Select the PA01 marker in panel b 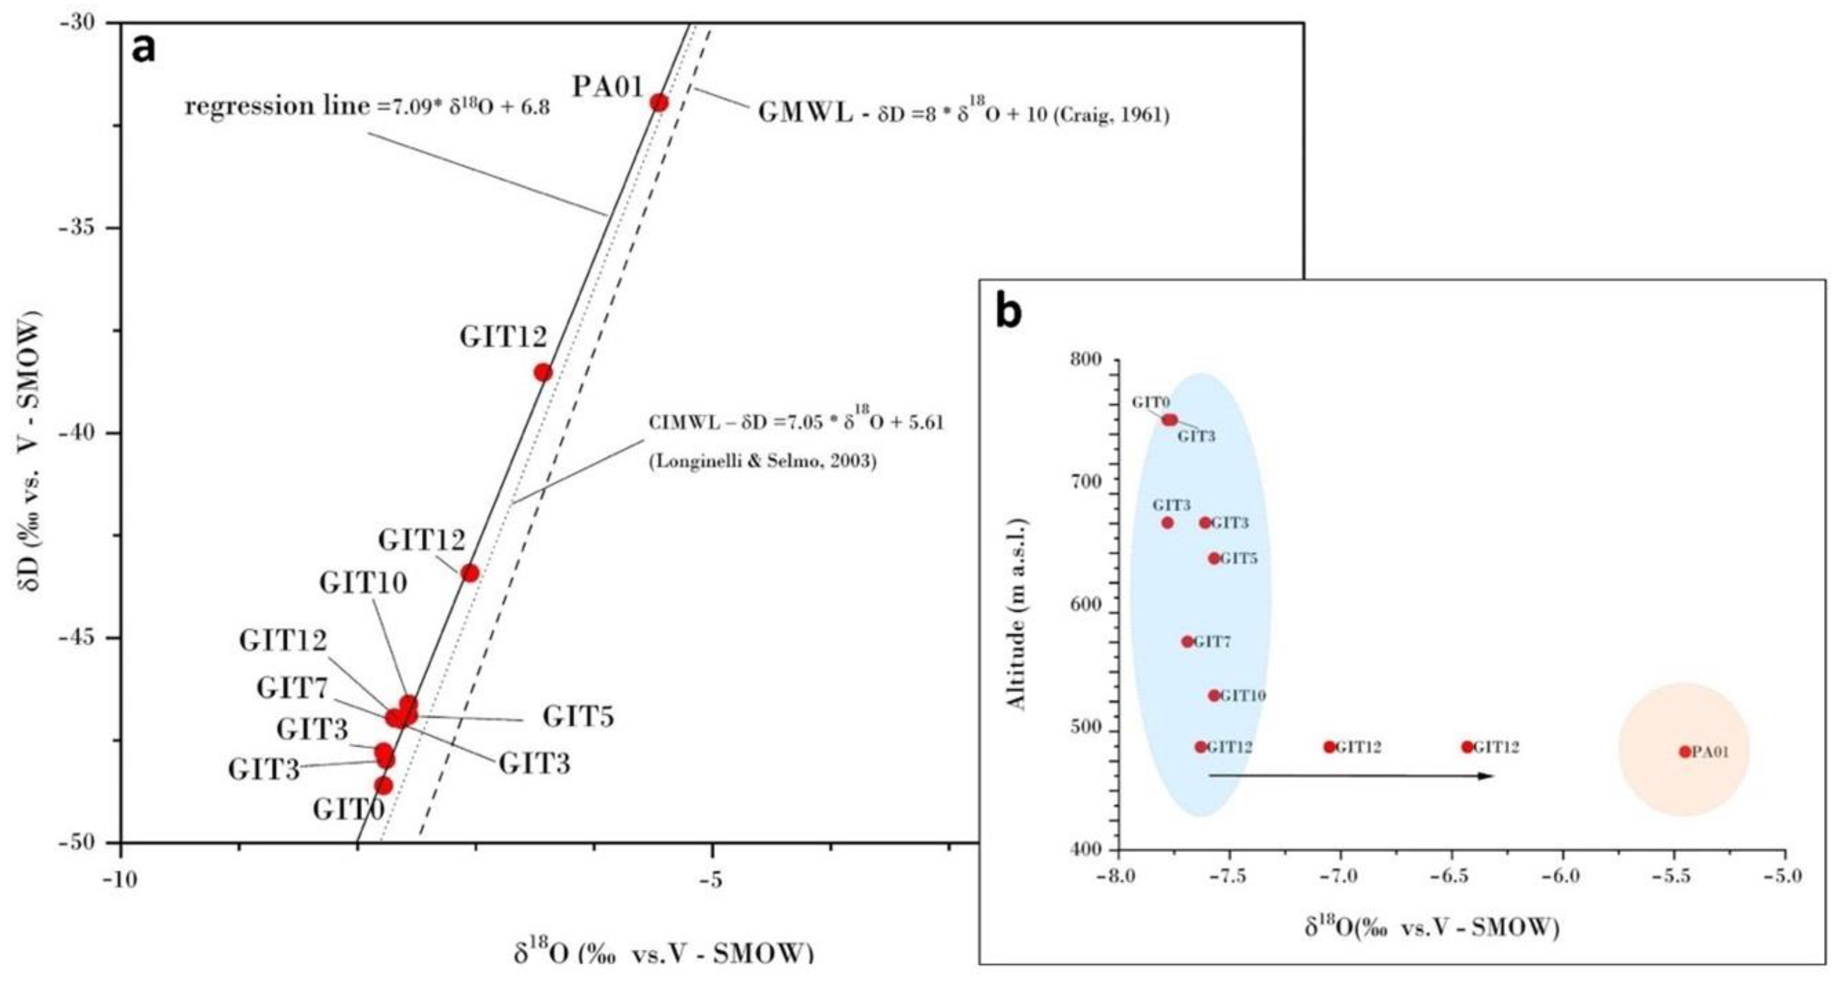pos(1684,752)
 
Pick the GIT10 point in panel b pos(1214,695)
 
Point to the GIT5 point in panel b pos(1214,558)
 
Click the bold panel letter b pos(1009,313)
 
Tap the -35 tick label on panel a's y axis pos(87,228)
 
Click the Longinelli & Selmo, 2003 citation pos(762,462)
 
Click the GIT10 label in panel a pos(363,583)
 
